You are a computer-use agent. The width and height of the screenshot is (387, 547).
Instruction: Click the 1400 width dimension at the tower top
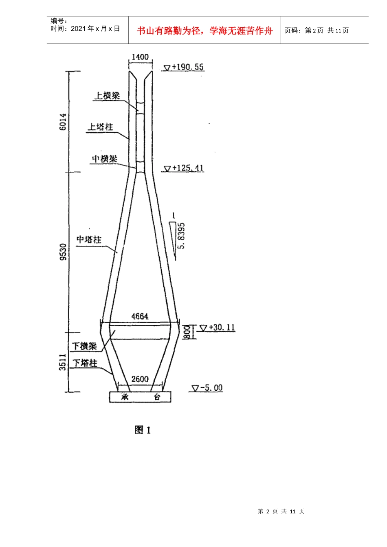pyautogui.click(x=140, y=57)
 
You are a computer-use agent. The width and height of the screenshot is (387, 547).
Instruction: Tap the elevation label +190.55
pyautogui.click(x=188, y=67)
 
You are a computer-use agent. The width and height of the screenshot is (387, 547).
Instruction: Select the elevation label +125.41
pyautogui.click(x=188, y=168)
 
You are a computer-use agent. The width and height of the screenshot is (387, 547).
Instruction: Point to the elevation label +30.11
pyautogui.click(x=222, y=327)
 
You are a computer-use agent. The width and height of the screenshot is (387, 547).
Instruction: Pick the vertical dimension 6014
pyautogui.click(x=63, y=122)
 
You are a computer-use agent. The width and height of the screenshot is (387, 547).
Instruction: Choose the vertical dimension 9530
pyautogui.click(x=63, y=252)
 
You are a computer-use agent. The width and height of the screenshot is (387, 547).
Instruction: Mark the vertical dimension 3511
pyautogui.click(x=63, y=362)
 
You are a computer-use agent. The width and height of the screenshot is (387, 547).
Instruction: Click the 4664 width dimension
pyautogui.click(x=140, y=316)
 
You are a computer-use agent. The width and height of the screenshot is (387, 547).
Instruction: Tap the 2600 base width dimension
pyautogui.click(x=140, y=379)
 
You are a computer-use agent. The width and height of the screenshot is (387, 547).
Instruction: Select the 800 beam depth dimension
pyautogui.click(x=187, y=332)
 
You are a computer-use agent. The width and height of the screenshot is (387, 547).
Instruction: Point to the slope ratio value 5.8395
pyautogui.click(x=182, y=236)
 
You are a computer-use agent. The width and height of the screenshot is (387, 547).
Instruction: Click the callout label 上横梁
pyautogui.click(x=107, y=96)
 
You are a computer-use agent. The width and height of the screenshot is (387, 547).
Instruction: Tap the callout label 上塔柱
pyautogui.click(x=100, y=127)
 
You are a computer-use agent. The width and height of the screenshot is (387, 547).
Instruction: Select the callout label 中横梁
pyautogui.click(x=105, y=159)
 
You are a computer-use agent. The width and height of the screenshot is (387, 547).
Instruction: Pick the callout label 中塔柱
pyautogui.click(x=89, y=239)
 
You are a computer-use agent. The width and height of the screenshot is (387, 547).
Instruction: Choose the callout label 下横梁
pyautogui.click(x=85, y=346)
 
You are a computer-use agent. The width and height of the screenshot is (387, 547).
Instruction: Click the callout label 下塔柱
pyautogui.click(x=85, y=363)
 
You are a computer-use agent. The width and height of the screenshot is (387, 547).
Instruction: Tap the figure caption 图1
pyautogui.click(x=143, y=430)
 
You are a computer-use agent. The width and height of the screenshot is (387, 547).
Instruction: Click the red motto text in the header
pyautogui.click(x=204, y=31)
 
